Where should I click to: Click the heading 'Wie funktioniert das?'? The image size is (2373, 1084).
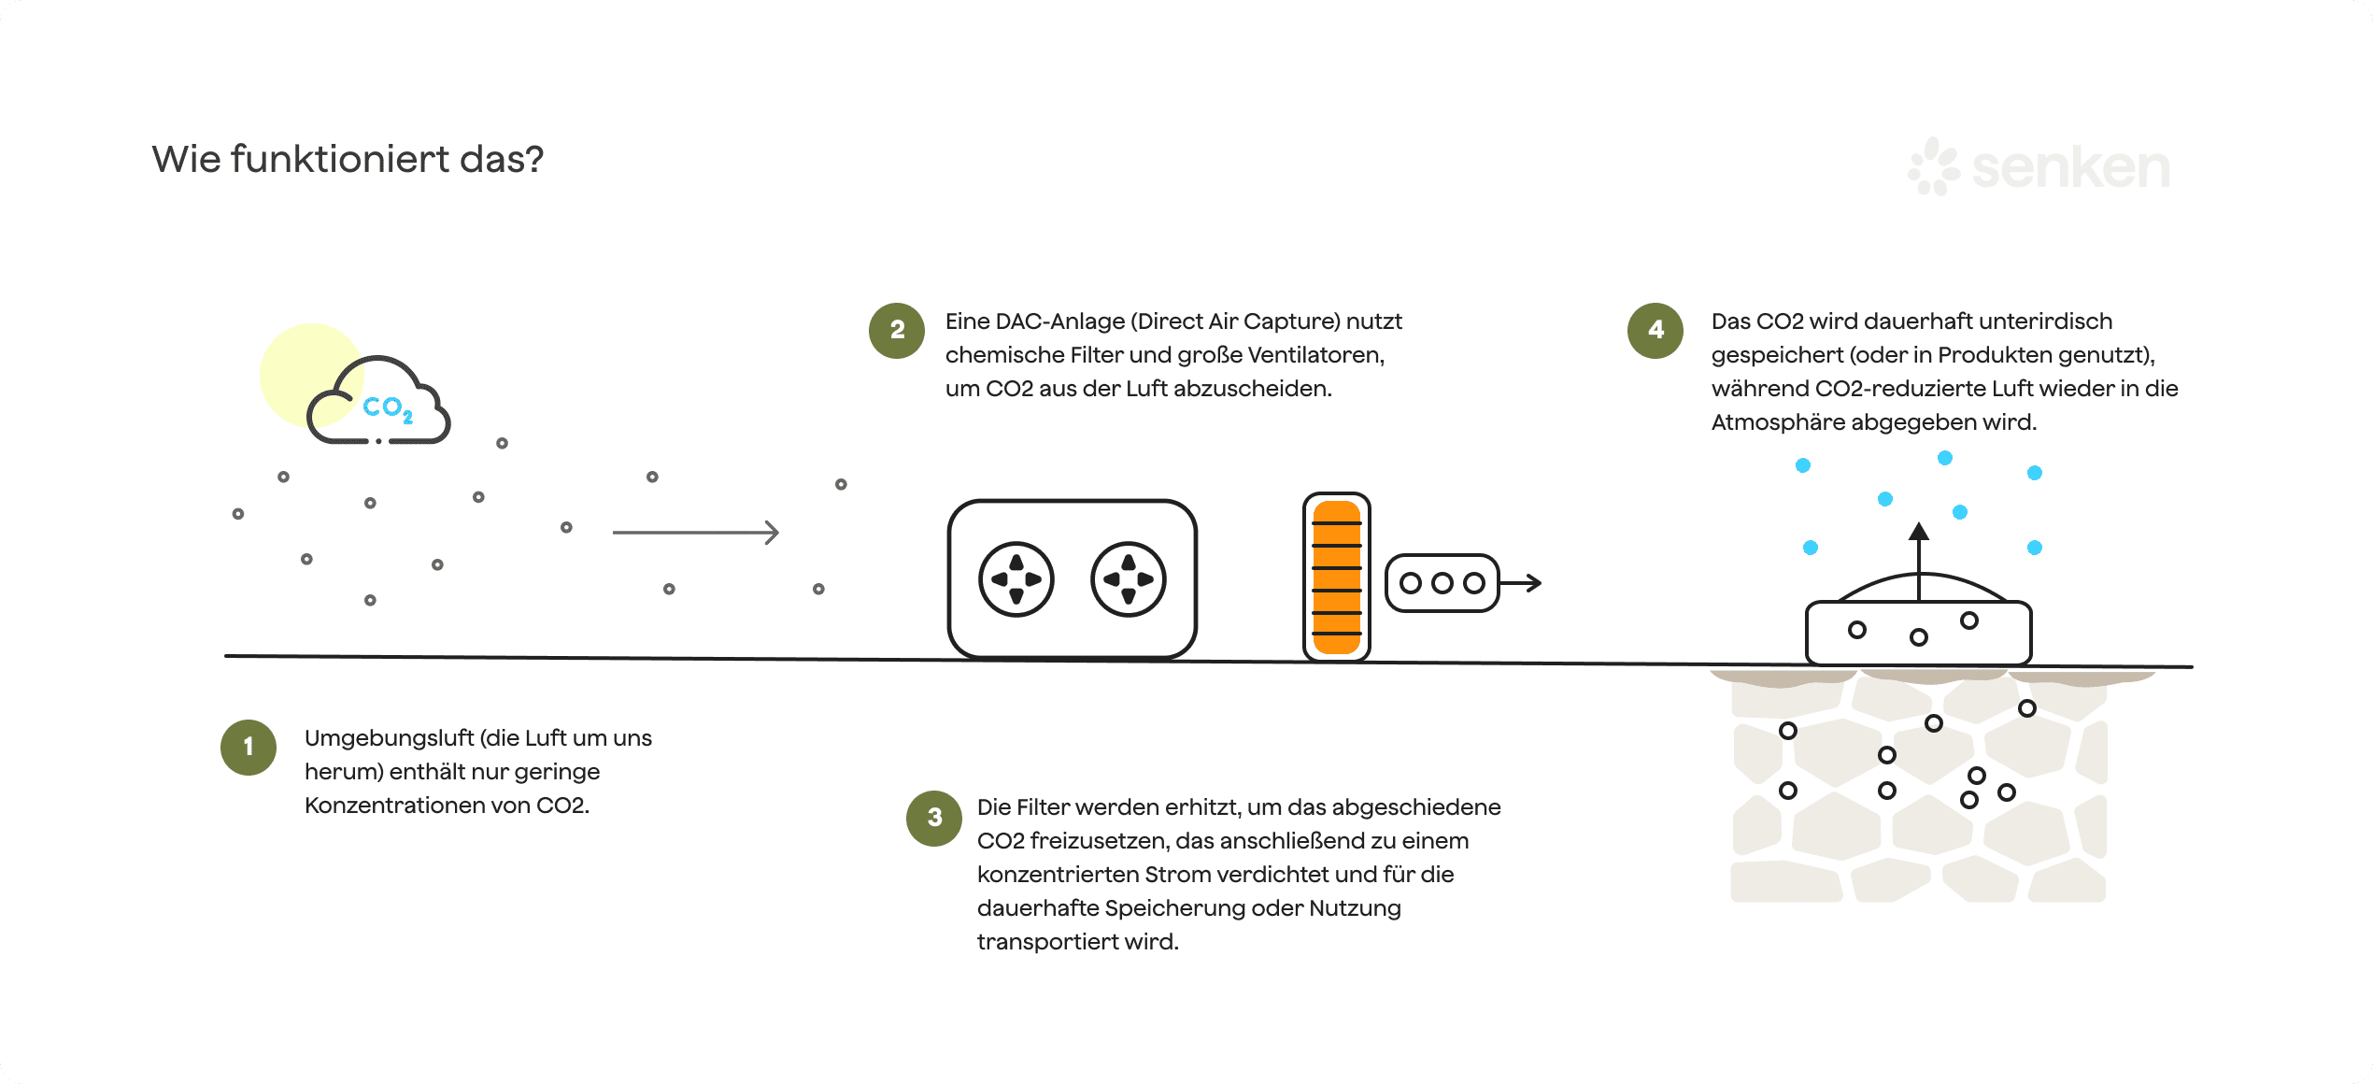click(348, 160)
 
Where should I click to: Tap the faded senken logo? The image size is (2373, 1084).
click(2039, 167)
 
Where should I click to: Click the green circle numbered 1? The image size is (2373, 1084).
click(249, 747)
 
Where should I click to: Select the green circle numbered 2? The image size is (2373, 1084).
click(897, 330)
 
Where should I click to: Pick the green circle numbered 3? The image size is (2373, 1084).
click(934, 818)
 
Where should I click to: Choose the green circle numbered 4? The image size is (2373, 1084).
click(1655, 330)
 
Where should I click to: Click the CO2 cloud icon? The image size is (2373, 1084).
click(379, 402)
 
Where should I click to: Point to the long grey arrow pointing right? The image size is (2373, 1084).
click(695, 533)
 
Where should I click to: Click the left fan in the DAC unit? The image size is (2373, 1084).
click(1016, 579)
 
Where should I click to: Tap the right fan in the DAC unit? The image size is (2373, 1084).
click(1129, 579)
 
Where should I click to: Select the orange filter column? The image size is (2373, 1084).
click(1337, 578)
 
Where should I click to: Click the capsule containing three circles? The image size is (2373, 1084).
click(1442, 583)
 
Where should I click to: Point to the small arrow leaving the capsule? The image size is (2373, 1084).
click(1522, 583)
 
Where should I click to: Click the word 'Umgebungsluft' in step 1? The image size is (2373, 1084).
click(389, 738)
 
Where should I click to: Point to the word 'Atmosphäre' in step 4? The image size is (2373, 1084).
click(1778, 422)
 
